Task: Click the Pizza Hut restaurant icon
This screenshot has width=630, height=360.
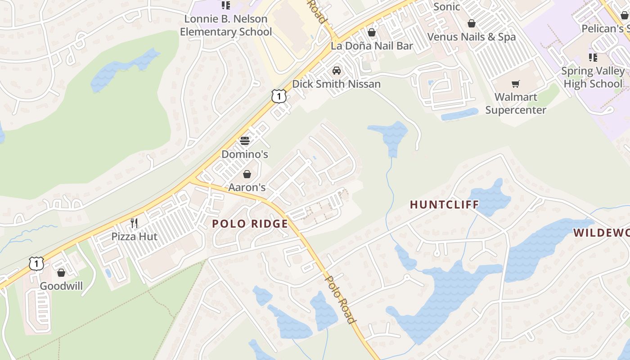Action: tap(134, 223)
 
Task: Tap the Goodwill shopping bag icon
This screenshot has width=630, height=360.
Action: tap(61, 273)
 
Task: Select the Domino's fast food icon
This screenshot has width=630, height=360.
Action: tap(245, 141)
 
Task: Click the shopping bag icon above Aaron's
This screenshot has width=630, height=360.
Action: tap(247, 174)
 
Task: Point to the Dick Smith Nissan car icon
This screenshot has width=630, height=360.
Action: tap(336, 71)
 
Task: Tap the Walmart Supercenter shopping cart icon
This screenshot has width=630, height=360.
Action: tap(515, 84)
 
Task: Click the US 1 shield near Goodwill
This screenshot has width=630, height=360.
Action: tap(36, 263)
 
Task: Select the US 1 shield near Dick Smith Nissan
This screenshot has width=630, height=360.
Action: tap(279, 96)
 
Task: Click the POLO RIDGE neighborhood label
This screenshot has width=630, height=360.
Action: tap(250, 224)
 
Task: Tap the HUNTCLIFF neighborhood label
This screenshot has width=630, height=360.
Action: tap(444, 205)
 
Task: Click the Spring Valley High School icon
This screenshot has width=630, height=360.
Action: tap(593, 58)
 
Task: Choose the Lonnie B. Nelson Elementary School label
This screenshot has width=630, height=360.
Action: tap(226, 26)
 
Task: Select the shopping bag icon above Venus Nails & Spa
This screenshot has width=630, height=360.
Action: tap(471, 23)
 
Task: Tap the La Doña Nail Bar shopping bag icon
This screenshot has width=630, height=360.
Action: tap(372, 32)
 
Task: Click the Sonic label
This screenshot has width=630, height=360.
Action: tap(446, 7)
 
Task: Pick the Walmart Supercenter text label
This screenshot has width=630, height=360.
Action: tap(516, 103)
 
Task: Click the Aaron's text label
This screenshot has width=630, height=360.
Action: tap(247, 187)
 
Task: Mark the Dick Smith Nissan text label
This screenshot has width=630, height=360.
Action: tap(336, 84)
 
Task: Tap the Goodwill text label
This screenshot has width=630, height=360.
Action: tap(61, 286)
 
